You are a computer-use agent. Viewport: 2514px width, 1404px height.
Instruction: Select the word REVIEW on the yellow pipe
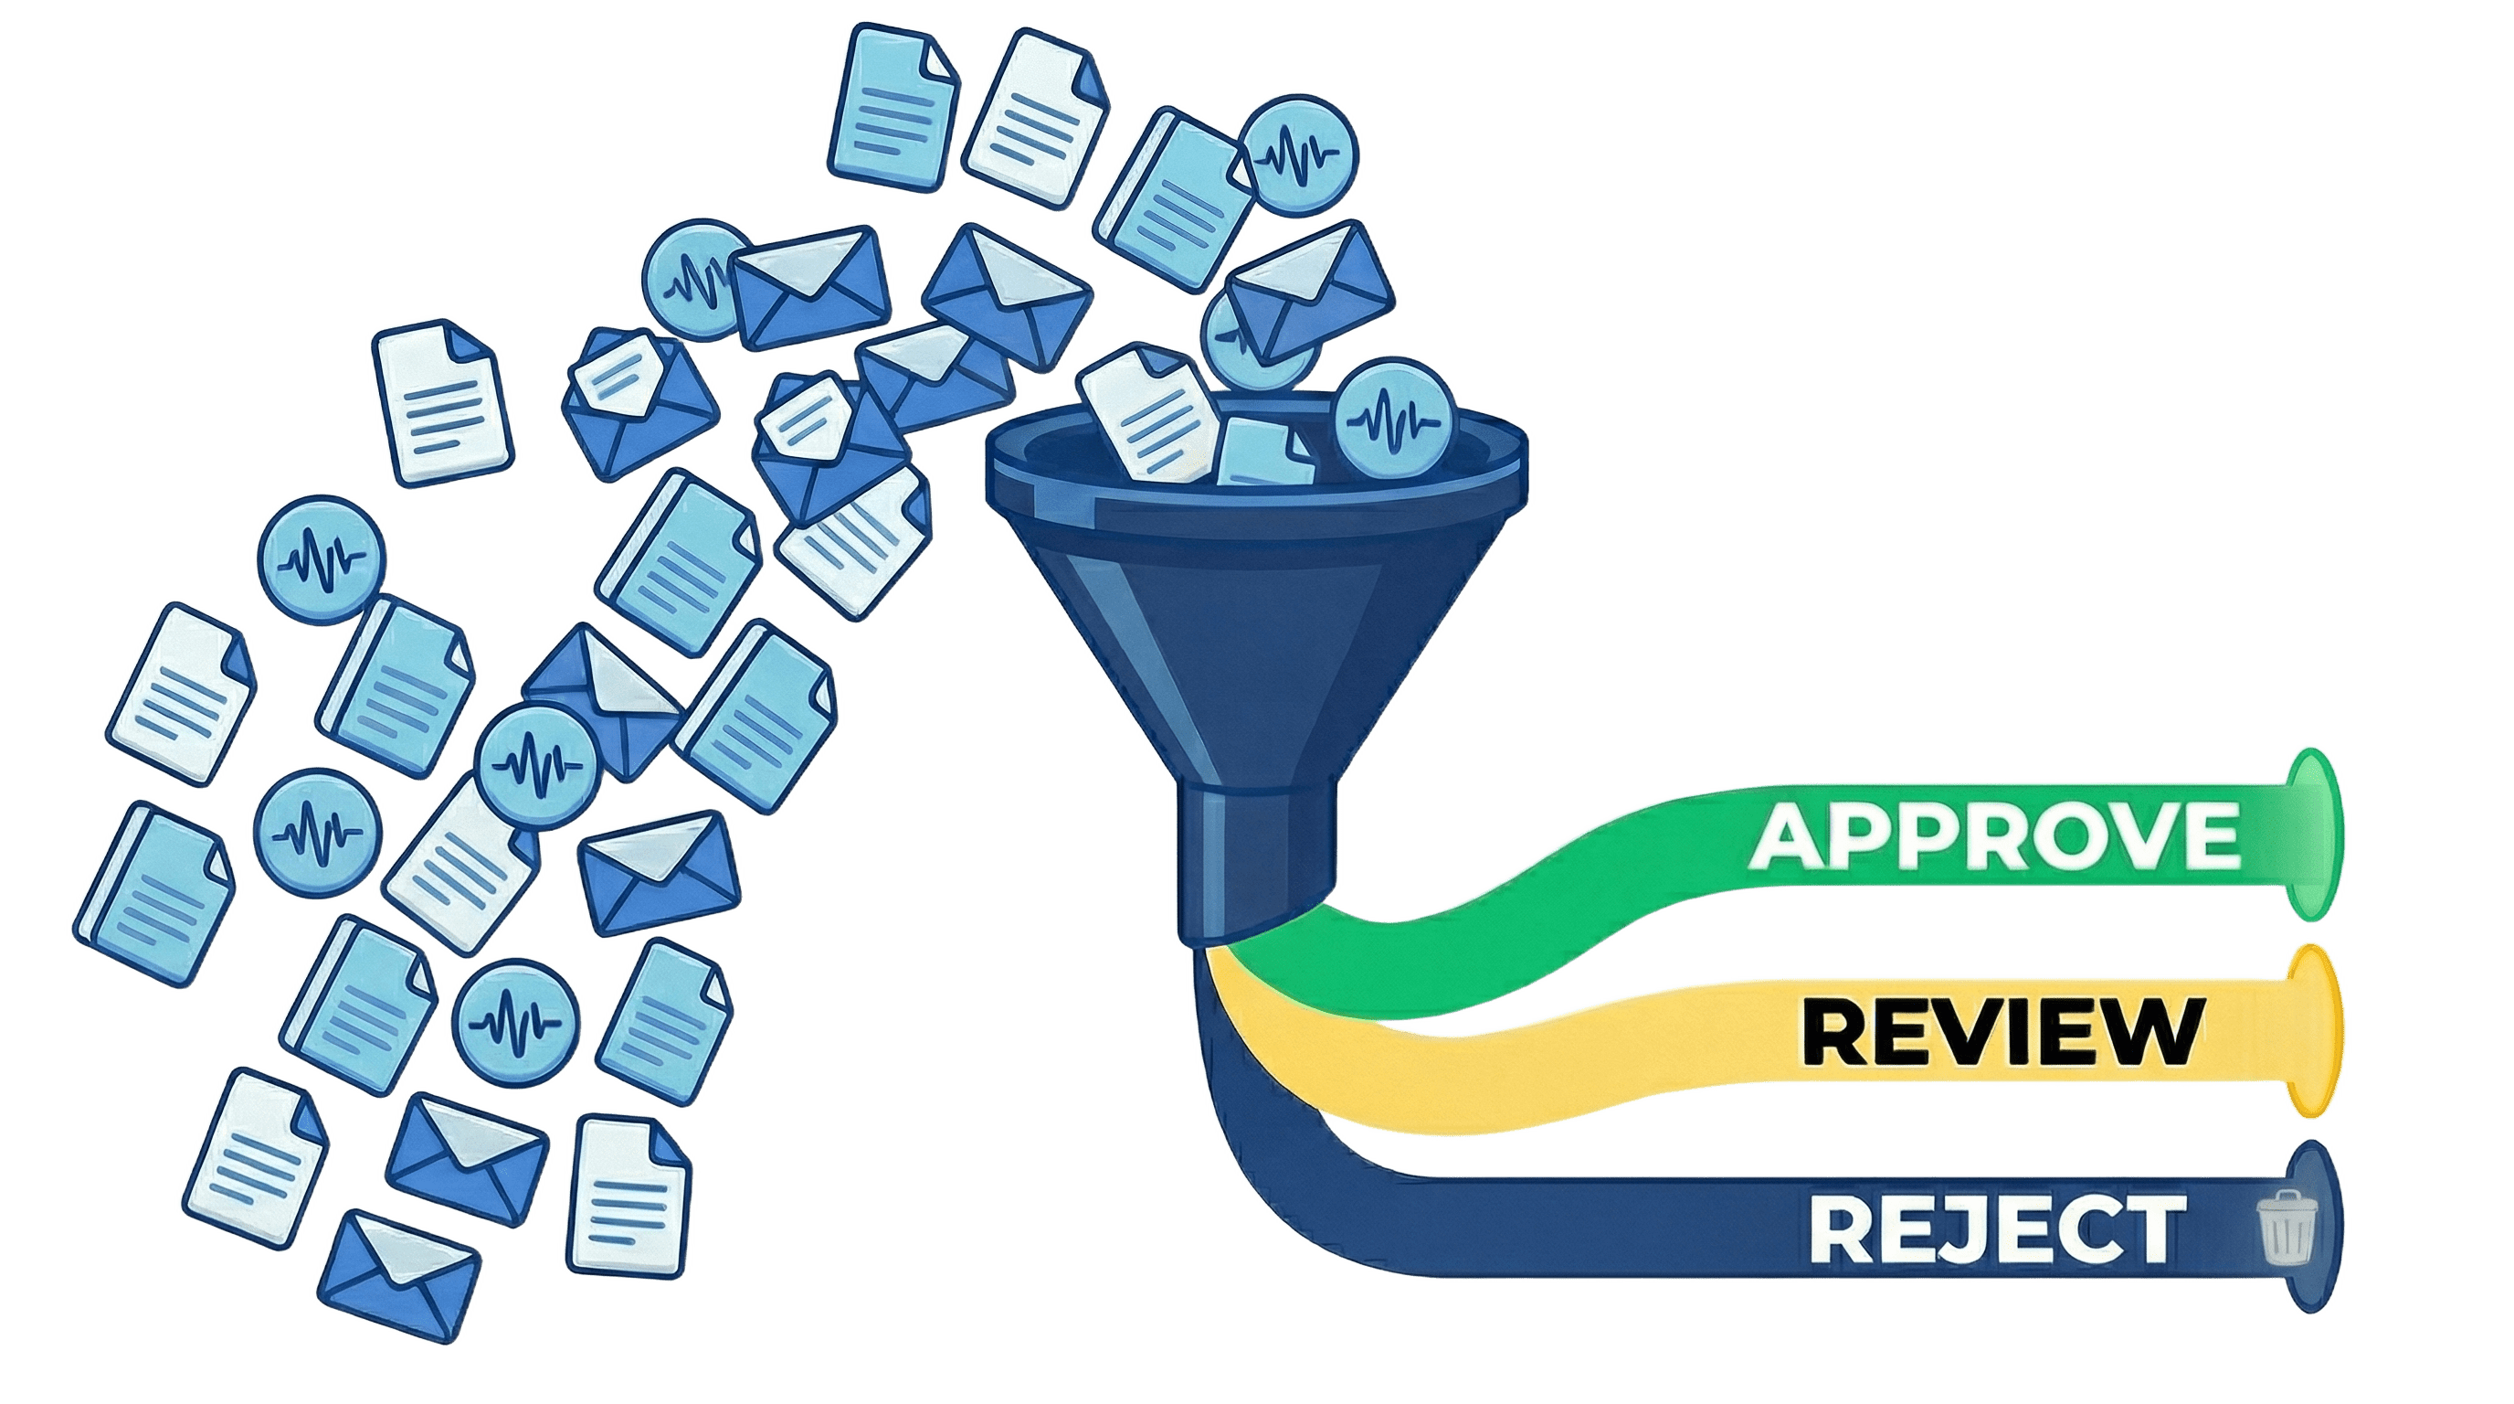tap(2000, 1034)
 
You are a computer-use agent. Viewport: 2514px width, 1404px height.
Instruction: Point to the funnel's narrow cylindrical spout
tap(1254, 859)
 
